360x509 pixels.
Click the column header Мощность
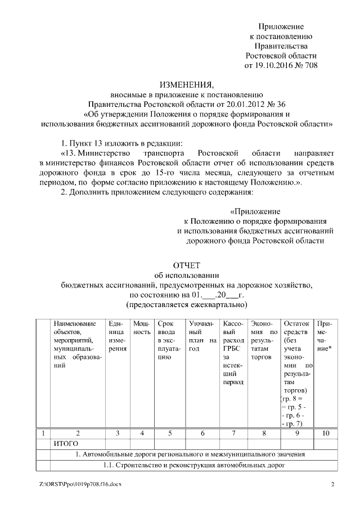142,328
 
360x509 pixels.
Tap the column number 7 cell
232,434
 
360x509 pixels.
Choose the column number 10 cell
325,434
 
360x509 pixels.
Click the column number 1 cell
43,434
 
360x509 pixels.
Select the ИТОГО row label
66,444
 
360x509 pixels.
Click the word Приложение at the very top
281,27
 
